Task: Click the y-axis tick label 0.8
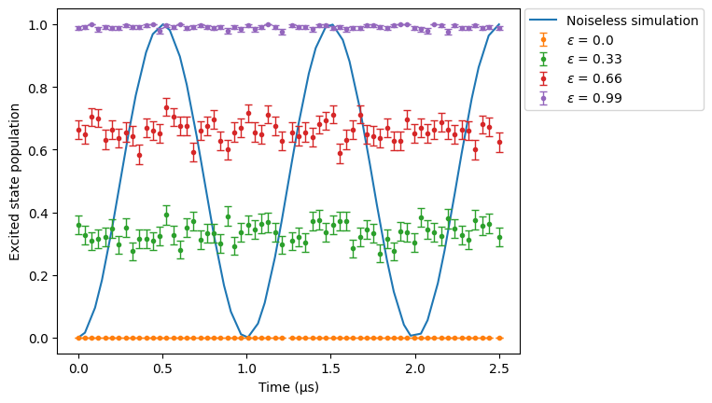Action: click(37, 88)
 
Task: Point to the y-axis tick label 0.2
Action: click(37, 276)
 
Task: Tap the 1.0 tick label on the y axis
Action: click(37, 25)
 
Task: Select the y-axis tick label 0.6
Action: click(37, 150)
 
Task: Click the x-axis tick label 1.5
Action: click(331, 368)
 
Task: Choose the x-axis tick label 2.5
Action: click(499, 368)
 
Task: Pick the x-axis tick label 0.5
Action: click(162, 368)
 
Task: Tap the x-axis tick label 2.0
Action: click(415, 368)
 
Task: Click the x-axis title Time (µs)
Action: click(288, 387)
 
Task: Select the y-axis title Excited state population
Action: click(15, 182)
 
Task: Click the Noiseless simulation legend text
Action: click(632, 21)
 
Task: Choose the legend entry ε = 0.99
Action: click(594, 98)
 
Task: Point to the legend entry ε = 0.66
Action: click(594, 78)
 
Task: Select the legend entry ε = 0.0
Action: click(590, 40)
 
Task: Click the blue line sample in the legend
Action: click(543, 21)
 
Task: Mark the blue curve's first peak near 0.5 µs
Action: click(162, 24)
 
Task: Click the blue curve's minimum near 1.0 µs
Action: click(247, 337)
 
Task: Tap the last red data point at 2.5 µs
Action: click(499, 143)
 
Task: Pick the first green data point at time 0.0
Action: click(78, 225)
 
